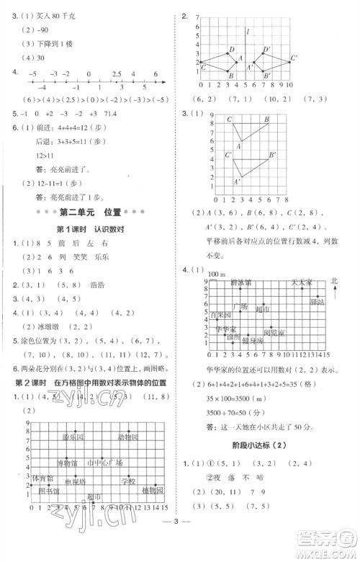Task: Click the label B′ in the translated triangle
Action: pos(272,154)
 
